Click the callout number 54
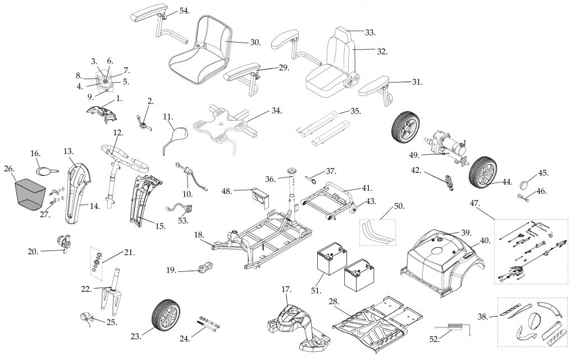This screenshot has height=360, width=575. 184,11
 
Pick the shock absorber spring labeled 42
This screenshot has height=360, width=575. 449,182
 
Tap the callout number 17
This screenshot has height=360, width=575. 286,289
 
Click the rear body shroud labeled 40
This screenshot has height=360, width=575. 444,253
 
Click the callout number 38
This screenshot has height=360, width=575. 482,316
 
